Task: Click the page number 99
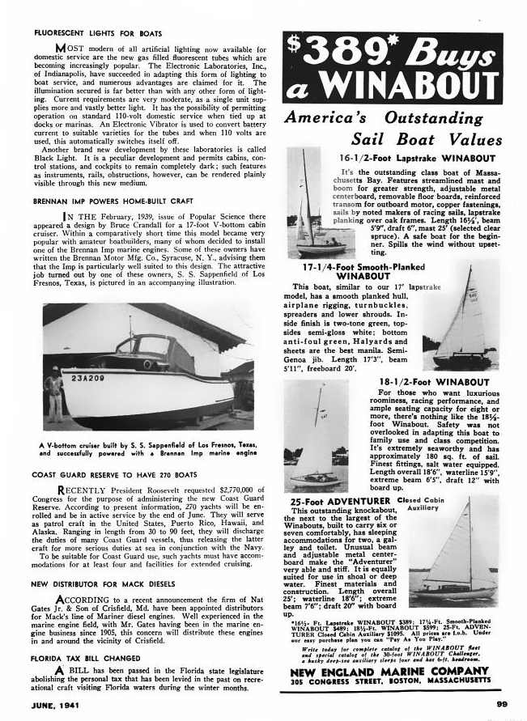pos(501,703)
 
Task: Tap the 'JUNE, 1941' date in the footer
pos(57,704)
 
